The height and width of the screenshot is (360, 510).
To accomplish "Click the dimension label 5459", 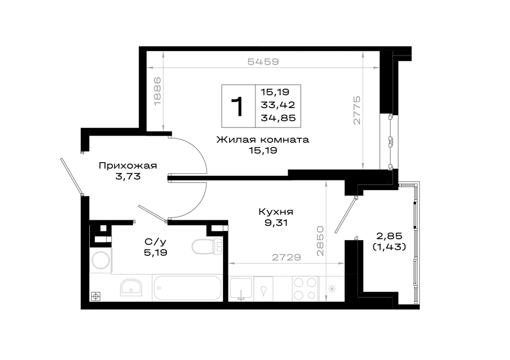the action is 263,62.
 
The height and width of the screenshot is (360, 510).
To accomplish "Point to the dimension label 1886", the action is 158,91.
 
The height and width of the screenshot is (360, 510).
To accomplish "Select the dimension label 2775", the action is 357,110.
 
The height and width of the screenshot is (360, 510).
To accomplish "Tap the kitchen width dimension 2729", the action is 287,257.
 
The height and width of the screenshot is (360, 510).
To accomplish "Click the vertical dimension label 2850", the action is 320,241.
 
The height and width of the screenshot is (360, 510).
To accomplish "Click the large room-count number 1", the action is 238,107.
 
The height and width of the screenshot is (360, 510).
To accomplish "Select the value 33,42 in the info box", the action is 278,105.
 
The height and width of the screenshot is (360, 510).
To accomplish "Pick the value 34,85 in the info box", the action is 278,117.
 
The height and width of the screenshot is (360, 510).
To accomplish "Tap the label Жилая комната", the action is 263,140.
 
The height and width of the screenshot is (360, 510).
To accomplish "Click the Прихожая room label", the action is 128,166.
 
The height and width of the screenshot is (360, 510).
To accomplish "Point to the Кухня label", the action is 276,212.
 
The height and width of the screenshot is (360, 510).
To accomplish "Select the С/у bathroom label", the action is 156,242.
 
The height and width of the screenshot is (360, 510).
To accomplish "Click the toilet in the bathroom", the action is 207,246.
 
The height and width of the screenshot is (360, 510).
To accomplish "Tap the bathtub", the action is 187,288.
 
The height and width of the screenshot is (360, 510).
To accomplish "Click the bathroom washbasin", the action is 131,288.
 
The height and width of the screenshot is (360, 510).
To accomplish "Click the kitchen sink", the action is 241,288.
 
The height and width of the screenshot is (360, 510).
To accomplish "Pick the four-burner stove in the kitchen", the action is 305,288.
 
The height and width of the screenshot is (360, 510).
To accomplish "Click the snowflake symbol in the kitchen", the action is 332,289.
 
